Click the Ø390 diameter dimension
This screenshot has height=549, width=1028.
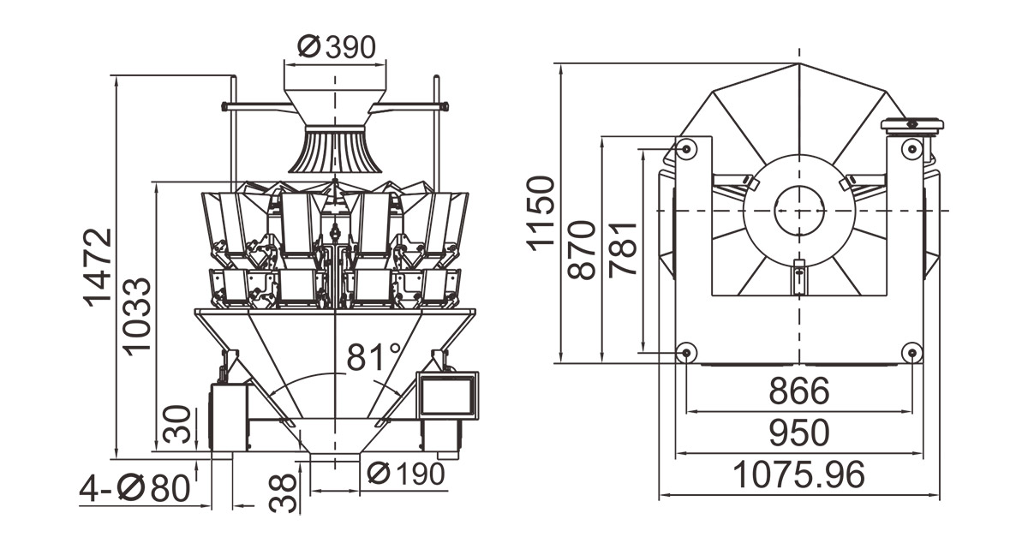336,47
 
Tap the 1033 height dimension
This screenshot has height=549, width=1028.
137,315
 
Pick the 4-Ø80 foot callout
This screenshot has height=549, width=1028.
134,489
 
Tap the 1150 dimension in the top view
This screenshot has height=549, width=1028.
541,212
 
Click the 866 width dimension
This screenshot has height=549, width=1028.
798,391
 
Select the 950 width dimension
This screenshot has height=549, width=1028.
798,433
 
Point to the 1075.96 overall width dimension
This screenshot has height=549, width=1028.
798,474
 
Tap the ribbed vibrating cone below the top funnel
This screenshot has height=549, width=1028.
335,150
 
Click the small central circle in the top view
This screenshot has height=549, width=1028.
799,209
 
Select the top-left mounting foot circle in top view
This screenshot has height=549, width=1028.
686,150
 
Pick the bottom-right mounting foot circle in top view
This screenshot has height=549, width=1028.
911,352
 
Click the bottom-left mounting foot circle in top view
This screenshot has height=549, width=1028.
685,352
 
